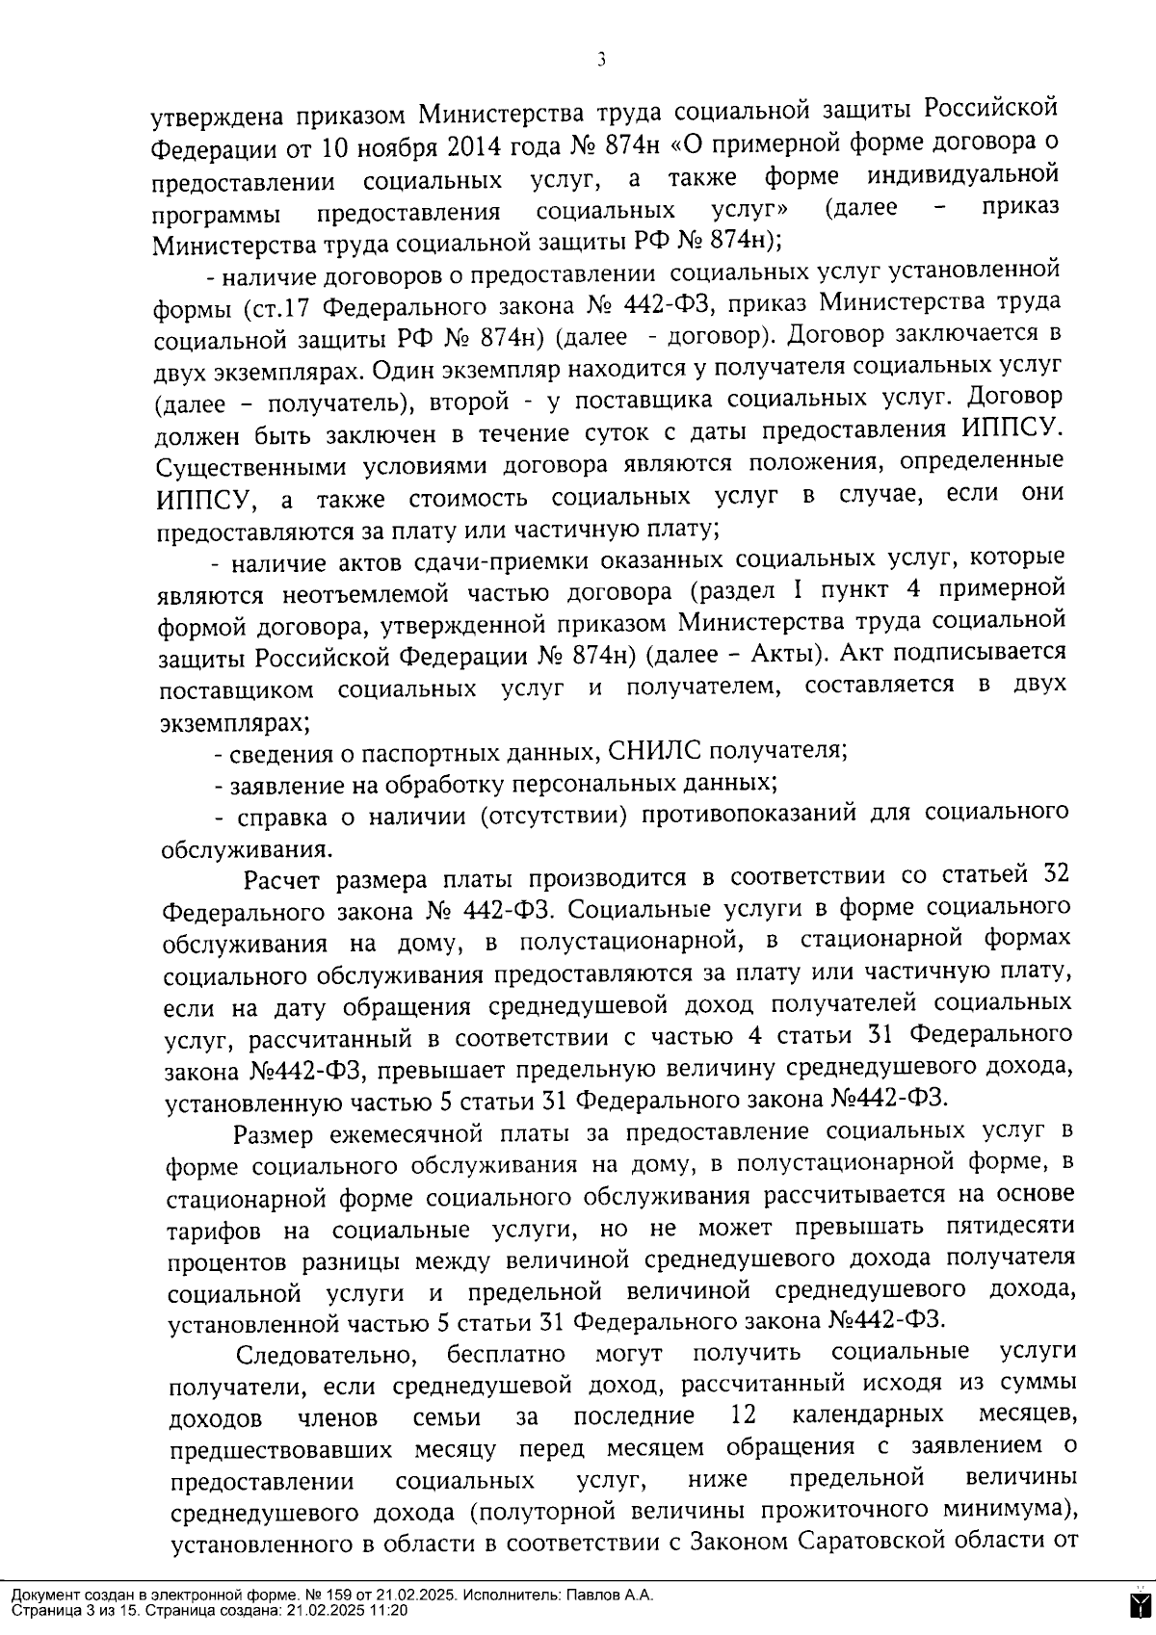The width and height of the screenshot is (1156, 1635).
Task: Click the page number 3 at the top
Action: [601, 61]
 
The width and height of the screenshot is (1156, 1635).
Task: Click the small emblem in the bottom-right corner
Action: [1138, 1602]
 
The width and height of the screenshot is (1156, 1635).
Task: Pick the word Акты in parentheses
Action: [774, 655]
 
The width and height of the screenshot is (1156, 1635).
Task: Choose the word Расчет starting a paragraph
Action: [283, 880]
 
